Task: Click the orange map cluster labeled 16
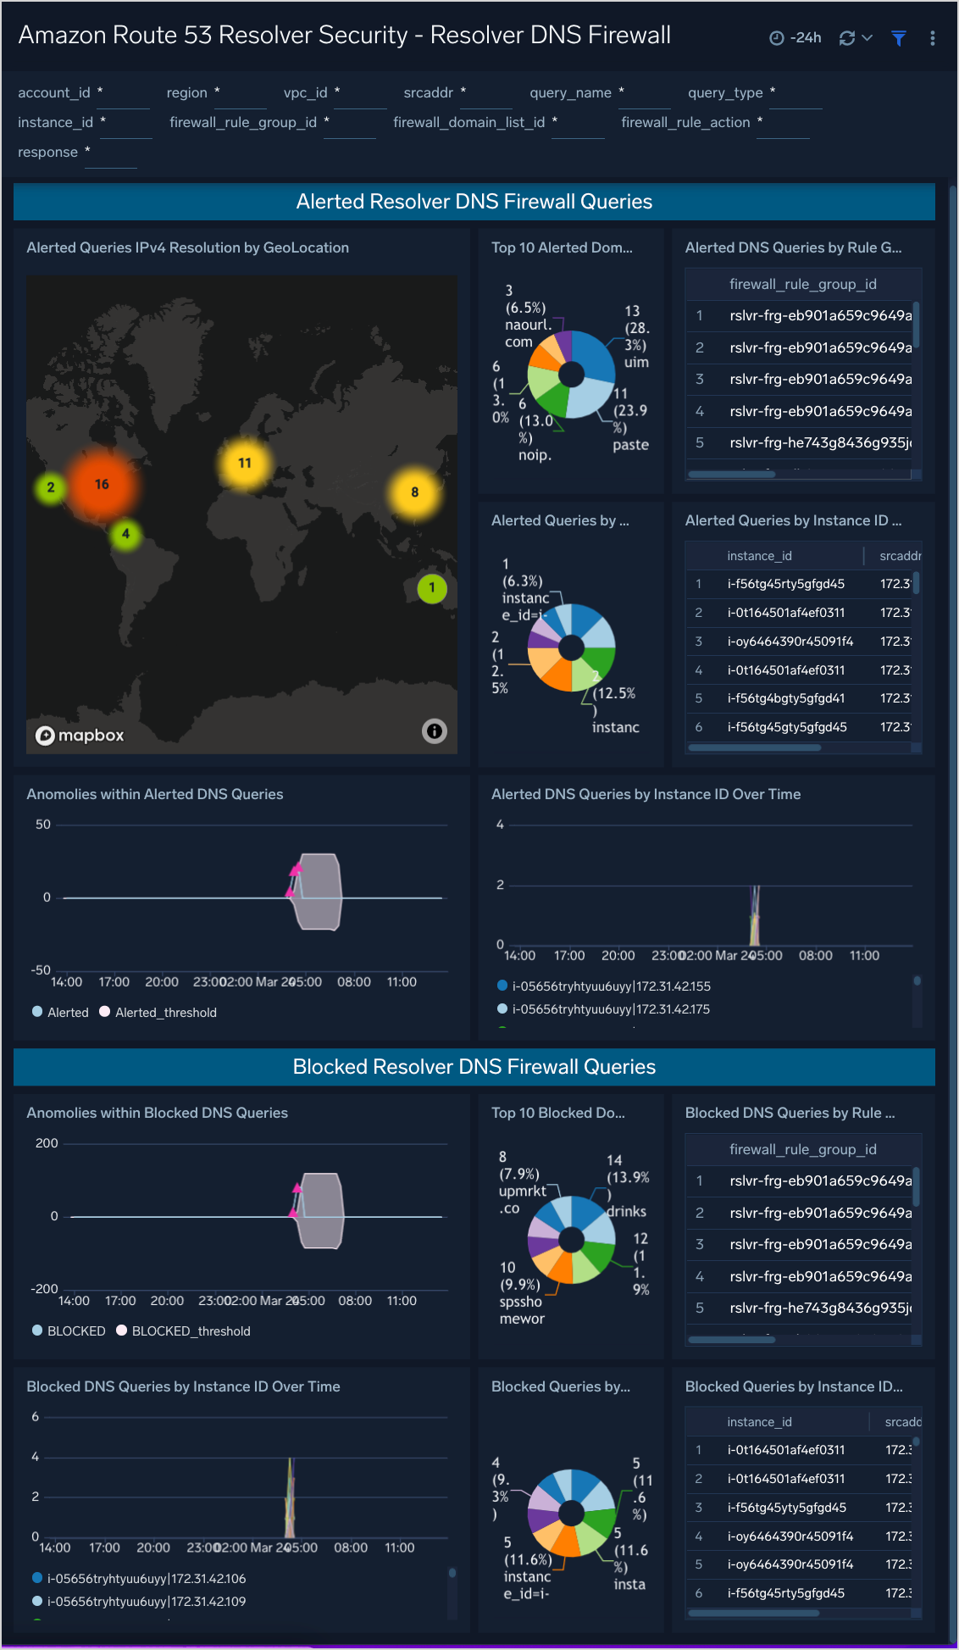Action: (x=102, y=485)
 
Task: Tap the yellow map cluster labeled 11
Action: (x=245, y=464)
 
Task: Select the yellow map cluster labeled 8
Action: (x=414, y=492)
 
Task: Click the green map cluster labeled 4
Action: (x=125, y=534)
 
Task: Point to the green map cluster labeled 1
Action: (x=432, y=588)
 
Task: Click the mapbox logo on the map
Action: (x=80, y=736)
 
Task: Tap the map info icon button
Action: (x=435, y=731)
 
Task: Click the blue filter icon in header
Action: (x=899, y=38)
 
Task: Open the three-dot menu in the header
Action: (x=933, y=38)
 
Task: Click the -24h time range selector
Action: (x=795, y=38)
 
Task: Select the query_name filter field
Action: (x=644, y=93)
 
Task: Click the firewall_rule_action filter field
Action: (x=783, y=123)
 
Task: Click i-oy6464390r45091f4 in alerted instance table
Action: (x=790, y=642)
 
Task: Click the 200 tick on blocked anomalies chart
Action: (x=47, y=1143)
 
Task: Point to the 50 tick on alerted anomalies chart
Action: (x=43, y=825)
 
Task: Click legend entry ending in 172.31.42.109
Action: (x=146, y=1602)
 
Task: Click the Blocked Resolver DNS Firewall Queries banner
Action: (x=474, y=1067)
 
